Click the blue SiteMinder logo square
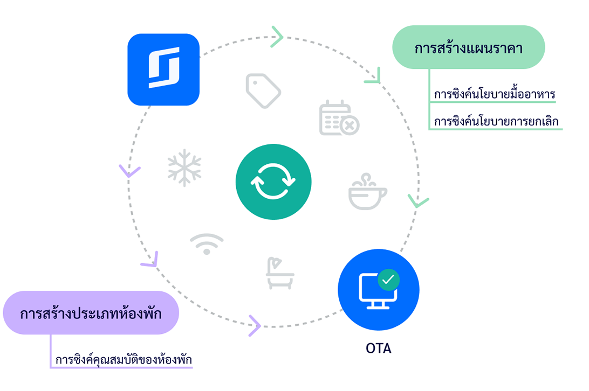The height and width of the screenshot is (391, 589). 163,69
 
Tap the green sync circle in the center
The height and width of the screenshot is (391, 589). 273,182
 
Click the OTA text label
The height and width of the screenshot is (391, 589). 378,348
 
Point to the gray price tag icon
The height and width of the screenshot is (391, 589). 263,90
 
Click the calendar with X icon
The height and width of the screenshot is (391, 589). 339,118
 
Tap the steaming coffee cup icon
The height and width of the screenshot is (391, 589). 367,192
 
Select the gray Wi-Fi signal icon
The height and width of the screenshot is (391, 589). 207,244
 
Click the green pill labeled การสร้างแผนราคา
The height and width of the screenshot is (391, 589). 468,47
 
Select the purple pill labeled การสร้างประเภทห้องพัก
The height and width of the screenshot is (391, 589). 91,313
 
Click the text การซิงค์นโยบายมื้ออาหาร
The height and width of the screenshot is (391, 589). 495,95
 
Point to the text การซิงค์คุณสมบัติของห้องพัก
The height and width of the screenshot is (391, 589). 124,359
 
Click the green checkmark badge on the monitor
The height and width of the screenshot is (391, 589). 388,280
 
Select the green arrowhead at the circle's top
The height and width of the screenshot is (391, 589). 277,37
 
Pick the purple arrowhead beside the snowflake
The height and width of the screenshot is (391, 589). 129,172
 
